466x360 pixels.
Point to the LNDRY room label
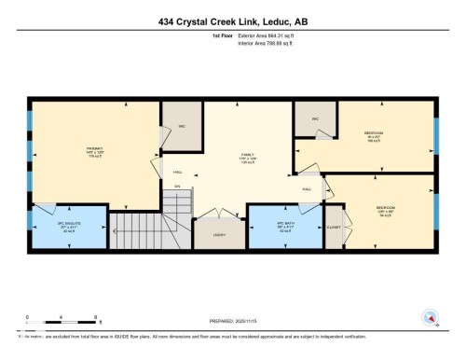click(x=220, y=234)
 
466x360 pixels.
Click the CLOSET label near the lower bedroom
click(x=333, y=226)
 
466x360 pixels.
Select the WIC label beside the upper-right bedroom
click(x=315, y=119)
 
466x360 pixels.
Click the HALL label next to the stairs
click(x=177, y=173)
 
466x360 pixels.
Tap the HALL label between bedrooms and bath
click(x=307, y=188)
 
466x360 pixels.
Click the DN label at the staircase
click(x=176, y=187)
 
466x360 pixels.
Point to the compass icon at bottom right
click(x=430, y=318)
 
